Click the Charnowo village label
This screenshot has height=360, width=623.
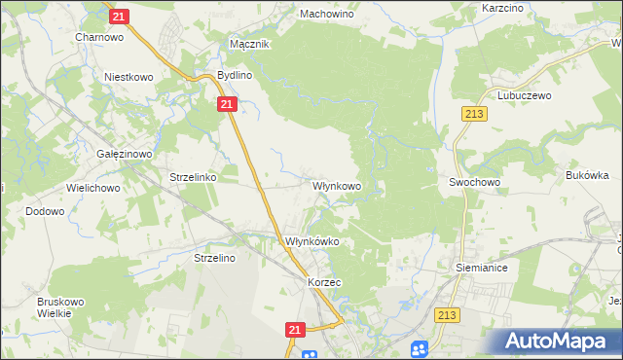tap(98, 37)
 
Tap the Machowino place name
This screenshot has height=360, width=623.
tap(326, 15)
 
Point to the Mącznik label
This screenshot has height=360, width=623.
tap(248, 45)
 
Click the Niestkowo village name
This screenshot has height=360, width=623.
tap(130, 75)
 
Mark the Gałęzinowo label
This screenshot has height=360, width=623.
tap(123, 154)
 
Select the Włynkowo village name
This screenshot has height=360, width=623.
tap(337, 185)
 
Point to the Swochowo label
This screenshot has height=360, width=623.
tap(474, 182)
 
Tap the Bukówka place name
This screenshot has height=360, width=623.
tap(587, 176)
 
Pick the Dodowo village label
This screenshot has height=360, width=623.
tap(45, 210)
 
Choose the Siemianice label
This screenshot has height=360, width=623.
tap(482, 266)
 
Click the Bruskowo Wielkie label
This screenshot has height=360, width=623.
tap(61, 307)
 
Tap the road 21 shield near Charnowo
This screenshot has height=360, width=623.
tap(119, 17)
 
